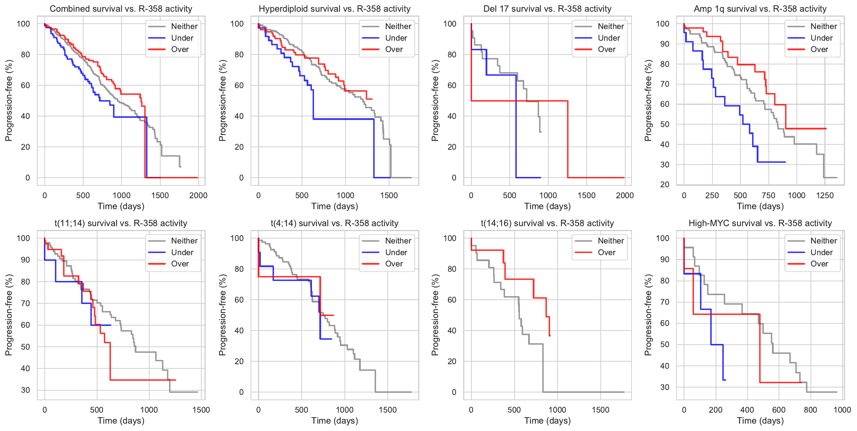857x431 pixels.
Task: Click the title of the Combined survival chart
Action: coord(121,9)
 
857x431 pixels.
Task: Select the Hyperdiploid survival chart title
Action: coord(334,9)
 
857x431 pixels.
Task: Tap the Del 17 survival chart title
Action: coord(547,9)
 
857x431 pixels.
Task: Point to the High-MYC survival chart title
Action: coord(760,223)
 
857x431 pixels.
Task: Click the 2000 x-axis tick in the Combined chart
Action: coord(198,195)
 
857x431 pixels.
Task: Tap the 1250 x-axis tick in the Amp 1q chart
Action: coord(825,195)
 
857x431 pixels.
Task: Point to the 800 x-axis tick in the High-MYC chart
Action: coord(810,410)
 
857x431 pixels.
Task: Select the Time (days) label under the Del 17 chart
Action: coord(547,206)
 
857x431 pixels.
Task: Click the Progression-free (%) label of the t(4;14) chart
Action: coord(222,315)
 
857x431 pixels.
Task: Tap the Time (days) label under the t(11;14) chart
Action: coord(121,421)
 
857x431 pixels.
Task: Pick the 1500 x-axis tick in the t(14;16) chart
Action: coord(600,410)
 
